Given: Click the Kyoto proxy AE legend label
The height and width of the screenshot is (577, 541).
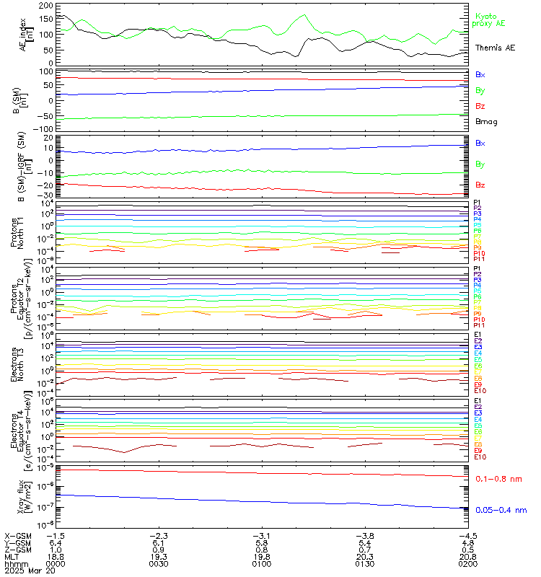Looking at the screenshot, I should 490,19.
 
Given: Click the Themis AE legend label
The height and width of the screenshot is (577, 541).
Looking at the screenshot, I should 495,47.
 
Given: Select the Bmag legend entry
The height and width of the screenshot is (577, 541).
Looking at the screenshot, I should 485,121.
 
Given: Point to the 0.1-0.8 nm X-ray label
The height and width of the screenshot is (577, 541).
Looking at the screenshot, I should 498,479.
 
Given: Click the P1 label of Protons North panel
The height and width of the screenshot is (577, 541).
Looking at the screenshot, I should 477,203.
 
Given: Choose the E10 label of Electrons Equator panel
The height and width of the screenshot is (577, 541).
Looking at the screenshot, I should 480,457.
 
